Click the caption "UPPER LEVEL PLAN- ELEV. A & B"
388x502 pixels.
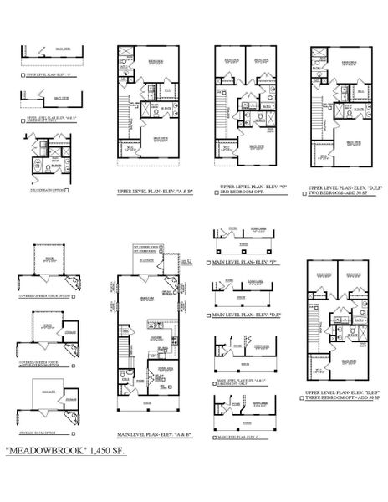point(154,192)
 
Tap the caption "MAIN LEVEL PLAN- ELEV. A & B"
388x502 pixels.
point(154,434)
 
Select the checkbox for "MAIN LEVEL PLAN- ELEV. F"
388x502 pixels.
point(207,264)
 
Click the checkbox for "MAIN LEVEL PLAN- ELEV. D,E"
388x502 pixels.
point(207,316)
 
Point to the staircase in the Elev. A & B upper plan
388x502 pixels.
point(124,109)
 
